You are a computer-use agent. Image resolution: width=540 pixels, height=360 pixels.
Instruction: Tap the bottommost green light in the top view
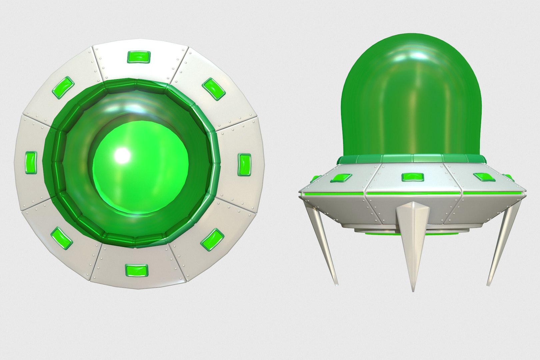click(x=136, y=270)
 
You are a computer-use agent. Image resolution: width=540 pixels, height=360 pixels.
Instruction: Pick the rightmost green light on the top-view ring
click(x=244, y=165)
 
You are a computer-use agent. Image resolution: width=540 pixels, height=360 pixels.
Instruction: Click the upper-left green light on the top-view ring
click(x=63, y=88)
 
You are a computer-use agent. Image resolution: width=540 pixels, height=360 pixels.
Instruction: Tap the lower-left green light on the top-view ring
click(x=62, y=238)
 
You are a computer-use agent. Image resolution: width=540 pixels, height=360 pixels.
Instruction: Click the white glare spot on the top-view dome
click(x=121, y=154)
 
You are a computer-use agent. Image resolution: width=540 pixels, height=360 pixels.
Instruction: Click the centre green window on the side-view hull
click(x=412, y=177)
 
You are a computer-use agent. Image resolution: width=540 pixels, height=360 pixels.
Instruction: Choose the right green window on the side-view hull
click(x=484, y=177)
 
